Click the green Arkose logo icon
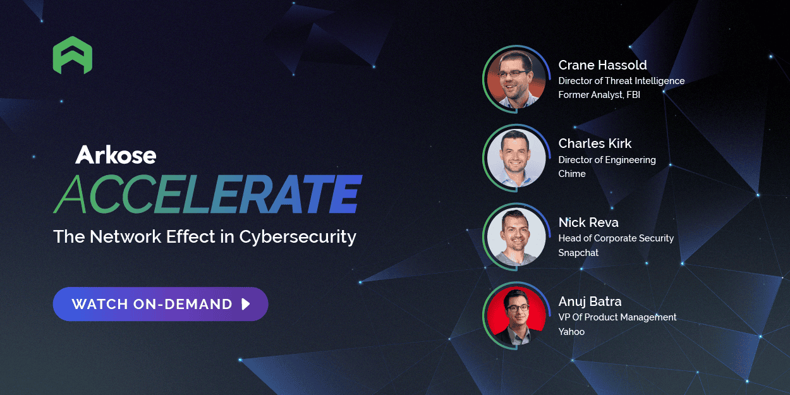(73, 56)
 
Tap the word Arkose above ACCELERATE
(116, 155)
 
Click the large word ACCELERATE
(207, 193)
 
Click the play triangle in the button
(246, 304)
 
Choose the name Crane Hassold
(602, 65)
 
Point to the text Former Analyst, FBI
(599, 95)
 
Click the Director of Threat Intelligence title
(621, 81)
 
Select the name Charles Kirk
(595, 143)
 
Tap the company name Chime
(572, 174)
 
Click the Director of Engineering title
(607, 160)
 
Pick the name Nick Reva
(588, 222)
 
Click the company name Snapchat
(578, 253)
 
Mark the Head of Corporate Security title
(616, 238)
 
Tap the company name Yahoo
(571, 331)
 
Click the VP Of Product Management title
(617, 317)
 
